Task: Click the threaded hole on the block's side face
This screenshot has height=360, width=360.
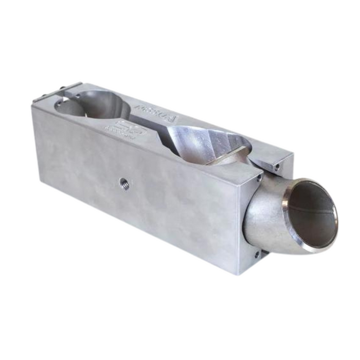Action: click(124, 183)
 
